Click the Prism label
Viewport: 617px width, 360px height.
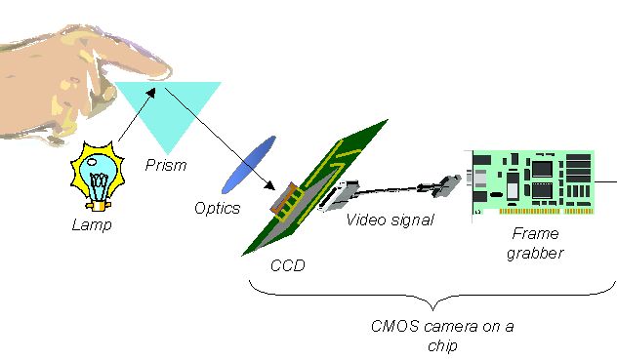point(166,165)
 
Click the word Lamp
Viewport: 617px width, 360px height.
point(92,225)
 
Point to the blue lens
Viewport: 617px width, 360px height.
point(249,165)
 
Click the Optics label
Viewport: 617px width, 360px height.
point(217,208)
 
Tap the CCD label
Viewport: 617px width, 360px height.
point(288,265)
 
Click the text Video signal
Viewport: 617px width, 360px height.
point(390,220)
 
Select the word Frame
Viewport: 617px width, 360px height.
point(536,234)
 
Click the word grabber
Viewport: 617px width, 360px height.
point(535,253)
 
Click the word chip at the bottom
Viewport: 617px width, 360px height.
point(442,345)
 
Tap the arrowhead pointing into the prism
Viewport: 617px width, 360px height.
point(151,92)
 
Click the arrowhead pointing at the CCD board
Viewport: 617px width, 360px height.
point(269,185)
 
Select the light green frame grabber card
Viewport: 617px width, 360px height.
point(533,182)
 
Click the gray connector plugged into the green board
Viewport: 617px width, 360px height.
point(339,196)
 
